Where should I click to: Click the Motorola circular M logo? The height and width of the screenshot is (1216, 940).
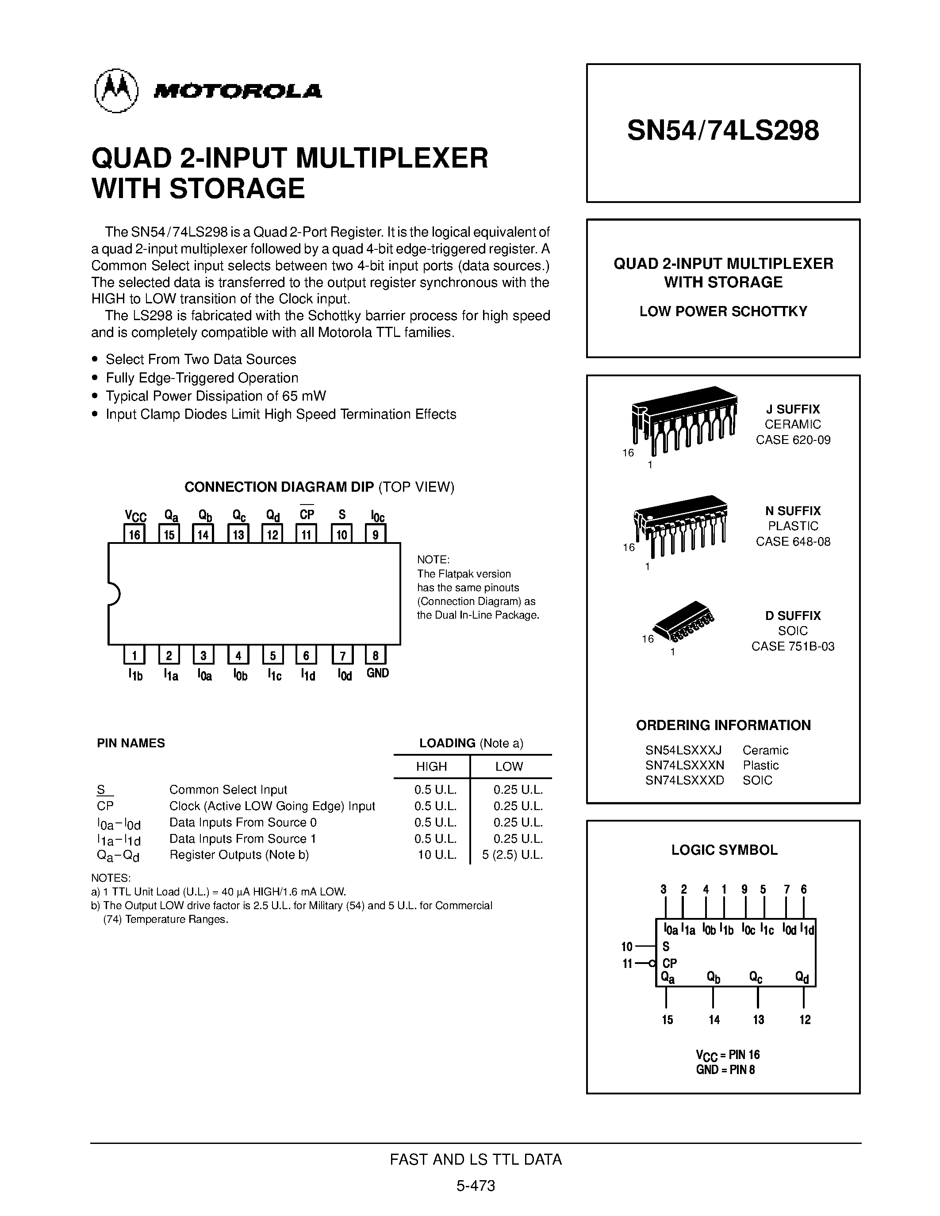coord(116,91)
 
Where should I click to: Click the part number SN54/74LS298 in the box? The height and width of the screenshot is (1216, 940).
coord(723,131)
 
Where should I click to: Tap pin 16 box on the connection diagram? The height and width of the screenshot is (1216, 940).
coord(134,535)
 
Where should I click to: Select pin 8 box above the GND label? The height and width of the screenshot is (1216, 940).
coord(375,655)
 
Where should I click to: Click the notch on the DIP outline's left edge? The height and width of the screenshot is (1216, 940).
coord(114,593)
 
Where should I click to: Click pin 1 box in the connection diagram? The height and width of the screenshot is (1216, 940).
coord(134,655)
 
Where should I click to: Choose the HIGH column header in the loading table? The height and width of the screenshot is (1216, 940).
coord(432,766)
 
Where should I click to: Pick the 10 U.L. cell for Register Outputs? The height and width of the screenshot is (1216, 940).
coord(437,855)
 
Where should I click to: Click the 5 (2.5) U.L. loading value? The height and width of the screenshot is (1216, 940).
coord(512,855)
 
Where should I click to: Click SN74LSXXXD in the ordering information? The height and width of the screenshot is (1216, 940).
coord(684,780)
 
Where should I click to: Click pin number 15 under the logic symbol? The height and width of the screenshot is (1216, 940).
coord(667,1020)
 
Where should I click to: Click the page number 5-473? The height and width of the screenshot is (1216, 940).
coord(476,1186)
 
